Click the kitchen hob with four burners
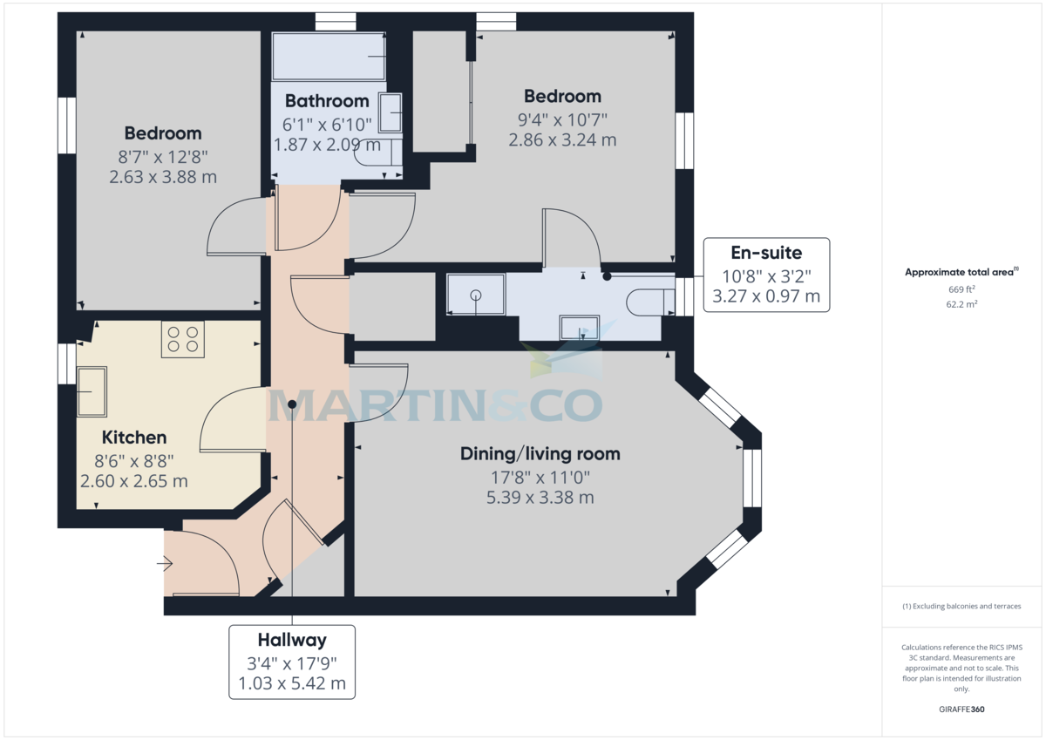pos(182,339)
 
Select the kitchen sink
pos(92,391)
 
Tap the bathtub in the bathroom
pos(329,56)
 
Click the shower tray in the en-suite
pos(475,295)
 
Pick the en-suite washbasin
pos(577,328)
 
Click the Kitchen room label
pos(134,438)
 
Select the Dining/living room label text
pos(540,453)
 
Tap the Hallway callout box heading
pos(292,640)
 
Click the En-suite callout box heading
pos(766,254)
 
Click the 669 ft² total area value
pos(961,289)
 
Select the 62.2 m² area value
pos(961,304)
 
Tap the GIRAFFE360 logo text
pos(961,709)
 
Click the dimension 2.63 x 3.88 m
pos(163,177)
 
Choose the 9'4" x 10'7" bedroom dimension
pos(562,119)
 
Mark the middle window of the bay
pos(751,477)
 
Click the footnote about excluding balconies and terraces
pos(961,606)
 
